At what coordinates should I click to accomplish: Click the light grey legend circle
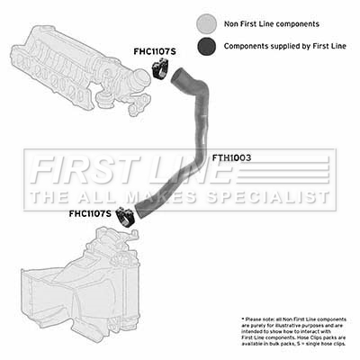pyautogui.click(x=207, y=23)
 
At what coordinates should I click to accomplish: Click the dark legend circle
pyautogui.click(x=207, y=46)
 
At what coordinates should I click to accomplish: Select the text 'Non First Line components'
pyautogui.click(x=272, y=24)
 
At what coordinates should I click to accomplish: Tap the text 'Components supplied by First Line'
pyautogui.click(x=284, y=46)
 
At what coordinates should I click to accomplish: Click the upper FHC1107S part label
pyautogui.click(x=155, y=52)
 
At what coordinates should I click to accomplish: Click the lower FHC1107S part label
pyautogui.click(x=90, y=213)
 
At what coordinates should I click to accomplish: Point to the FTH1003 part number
pyautogui.click(x=231, y=157)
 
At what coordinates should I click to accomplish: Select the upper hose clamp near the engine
pyautogui.click(x=160, y=69)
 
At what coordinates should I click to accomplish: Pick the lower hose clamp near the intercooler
pyautogui.click(x=126, y=216)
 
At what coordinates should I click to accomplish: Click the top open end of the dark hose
pyautogui.click(x=177, y=75)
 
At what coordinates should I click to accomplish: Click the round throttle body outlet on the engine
pyautogui.click(x=141, y=79)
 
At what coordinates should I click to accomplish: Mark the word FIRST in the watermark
pyautogui.click(x=86, y=170)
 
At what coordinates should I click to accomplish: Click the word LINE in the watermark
pyautogui.click(x=190, y=170)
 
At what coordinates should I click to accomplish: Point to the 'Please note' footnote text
pyautogui.click(x=293, y=331)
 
